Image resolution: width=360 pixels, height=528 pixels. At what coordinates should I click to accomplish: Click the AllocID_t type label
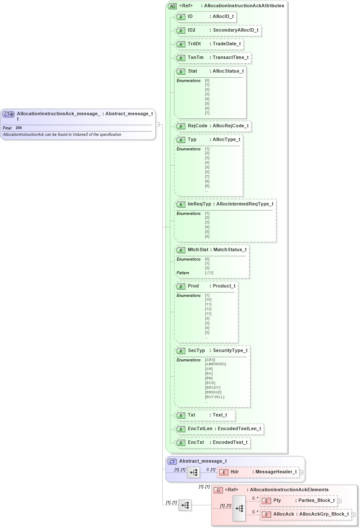223,17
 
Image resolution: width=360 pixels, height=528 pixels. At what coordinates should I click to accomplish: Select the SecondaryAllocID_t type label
235,30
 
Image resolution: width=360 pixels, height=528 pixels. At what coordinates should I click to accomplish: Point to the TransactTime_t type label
231,57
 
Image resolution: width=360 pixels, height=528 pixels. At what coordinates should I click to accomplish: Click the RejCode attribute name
197,126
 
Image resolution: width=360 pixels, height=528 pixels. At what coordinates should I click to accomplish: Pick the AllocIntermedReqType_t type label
245,204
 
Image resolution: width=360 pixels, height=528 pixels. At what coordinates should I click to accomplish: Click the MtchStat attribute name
198,249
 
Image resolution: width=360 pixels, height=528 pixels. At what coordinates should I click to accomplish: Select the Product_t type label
224,286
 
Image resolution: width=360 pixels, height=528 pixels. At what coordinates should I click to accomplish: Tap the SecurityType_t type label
230,350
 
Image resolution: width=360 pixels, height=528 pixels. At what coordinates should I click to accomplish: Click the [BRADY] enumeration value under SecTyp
213,387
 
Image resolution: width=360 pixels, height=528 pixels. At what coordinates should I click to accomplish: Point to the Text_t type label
220,415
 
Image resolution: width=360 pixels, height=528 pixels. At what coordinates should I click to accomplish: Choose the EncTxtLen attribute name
200,428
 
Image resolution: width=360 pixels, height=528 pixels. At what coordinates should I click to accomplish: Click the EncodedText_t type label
230,442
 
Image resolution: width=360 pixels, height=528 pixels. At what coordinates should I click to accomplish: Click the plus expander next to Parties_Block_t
340,501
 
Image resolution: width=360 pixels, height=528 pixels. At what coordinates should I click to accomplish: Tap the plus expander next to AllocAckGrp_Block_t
354,515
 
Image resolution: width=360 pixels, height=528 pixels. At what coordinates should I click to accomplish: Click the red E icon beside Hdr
224,472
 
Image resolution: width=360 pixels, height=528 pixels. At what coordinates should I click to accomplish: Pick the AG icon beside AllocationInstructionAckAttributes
173,6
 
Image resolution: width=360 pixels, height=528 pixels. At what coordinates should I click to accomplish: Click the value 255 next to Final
19,128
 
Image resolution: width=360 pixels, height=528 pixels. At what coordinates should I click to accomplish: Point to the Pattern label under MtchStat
183,273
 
